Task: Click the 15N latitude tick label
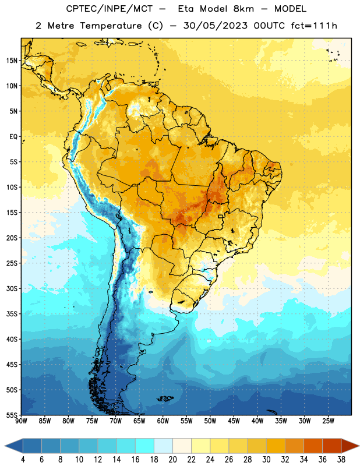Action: (12, 61)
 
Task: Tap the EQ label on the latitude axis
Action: (13, 137)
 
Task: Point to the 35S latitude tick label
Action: (12, 314)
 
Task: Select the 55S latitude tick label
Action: (12, 415)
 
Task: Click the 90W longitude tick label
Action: (21, 421)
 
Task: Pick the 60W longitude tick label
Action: (163, 421)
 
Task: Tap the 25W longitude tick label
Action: (328, 421)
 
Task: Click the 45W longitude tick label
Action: (234, 421)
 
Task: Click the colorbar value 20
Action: (172, 460)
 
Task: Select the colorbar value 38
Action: (341, 460)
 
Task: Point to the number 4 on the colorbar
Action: (23, 460)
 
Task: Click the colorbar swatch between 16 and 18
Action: (144, 446)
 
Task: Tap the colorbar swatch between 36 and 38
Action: (332, 446)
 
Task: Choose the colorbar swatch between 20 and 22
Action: (182, 446)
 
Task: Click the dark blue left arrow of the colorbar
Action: (13, 446)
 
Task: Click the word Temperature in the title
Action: (111, 26)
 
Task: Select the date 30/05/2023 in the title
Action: (215, 26)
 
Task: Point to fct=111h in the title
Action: (314, 26)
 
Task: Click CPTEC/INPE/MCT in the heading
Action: (109, 9)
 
